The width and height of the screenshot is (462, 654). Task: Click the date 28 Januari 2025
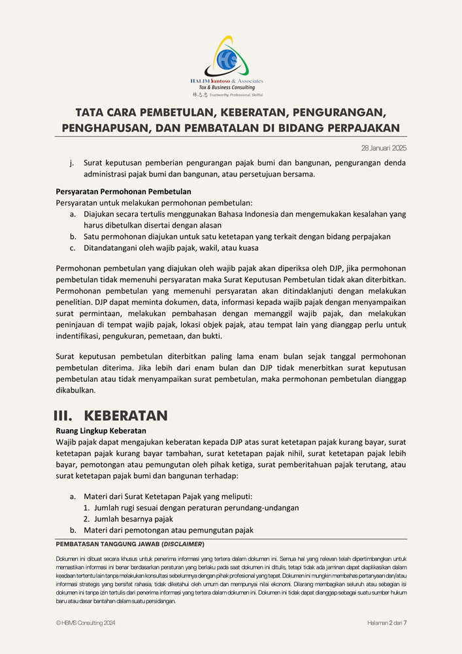click(x=384, y=148)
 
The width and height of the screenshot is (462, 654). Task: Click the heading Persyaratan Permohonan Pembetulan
click(x=124, y=192)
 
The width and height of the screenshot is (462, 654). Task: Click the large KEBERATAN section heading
click(x=126, y=415)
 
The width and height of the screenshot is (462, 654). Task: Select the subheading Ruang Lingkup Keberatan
click(x=101, y=431)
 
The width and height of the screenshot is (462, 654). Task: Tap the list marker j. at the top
click(x=71, y=163)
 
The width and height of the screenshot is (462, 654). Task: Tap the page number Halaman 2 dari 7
click(x=387, y=623)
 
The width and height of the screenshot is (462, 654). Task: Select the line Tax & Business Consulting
click(x=227, y=88)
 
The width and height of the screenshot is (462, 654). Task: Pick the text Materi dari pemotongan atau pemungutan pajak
click(x=169, y=530)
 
